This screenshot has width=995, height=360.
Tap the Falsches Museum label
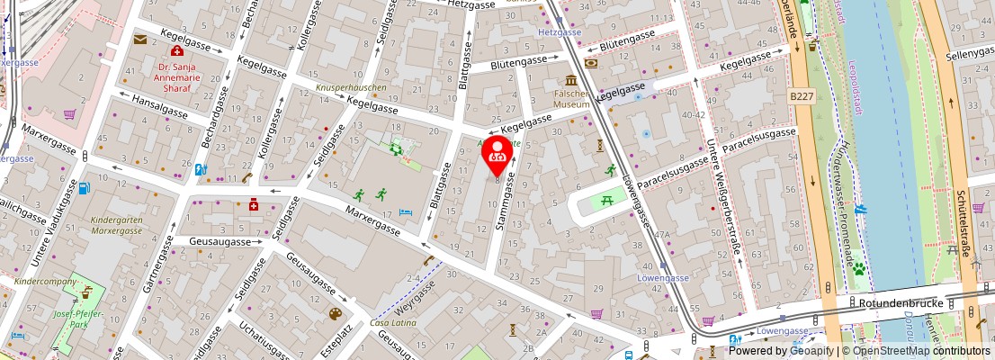pyautogui.click(x=570, y=98)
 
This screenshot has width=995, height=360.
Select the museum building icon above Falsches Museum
pyautogui.click(x=571, y=80)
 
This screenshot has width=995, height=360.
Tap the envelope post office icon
pyautogui.click(x=140, y=39)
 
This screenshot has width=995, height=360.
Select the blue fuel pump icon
pyautogui.click(x=85, y=188)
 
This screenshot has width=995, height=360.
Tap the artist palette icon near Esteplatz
pyautogui.click(x=335, y=313)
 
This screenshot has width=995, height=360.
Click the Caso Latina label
pyautogui.click(x=391, y=323)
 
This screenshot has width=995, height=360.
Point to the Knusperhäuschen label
pyautogui.click(x=351, y=88)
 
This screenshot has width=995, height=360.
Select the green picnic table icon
pyautogui.click(x=608, y=200)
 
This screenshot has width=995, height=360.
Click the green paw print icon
pyautogui.click(x=858, y=268)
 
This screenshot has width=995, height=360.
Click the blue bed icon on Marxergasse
pyautogui.click(x=406, y=211)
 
